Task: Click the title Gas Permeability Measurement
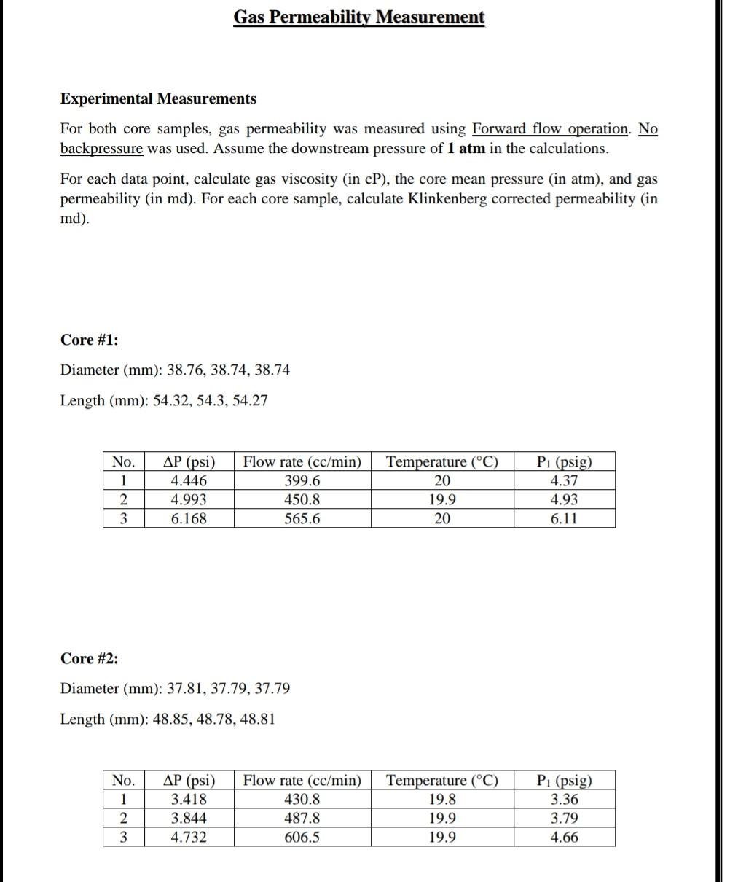[358, 17]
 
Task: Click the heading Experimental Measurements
[158, 98]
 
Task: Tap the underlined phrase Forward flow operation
[551, 129]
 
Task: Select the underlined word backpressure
[101, 149]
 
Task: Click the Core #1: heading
[89, 340]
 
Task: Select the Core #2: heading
[89, 659]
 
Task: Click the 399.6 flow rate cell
[302, 481]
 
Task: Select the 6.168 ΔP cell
[188, 519]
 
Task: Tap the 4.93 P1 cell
[564, 500]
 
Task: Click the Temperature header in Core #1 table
[441, 462]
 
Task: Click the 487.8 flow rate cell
[302, 819]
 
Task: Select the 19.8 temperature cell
[441, 800]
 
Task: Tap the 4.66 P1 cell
[564, 838]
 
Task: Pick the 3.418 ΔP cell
[188, 800]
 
